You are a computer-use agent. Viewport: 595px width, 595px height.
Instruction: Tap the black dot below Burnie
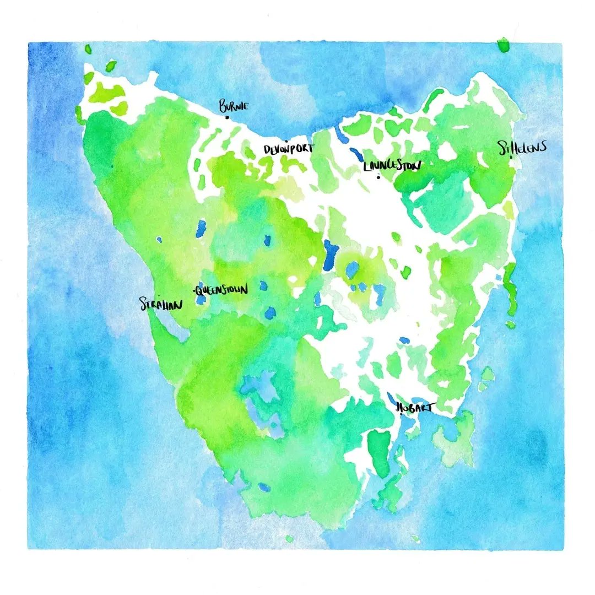click(x=227, y=117)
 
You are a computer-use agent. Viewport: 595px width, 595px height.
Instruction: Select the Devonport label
click(x=288, y=149)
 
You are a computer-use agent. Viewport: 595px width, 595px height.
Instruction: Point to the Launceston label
click(x=393, y=165)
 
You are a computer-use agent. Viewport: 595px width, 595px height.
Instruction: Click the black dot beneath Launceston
click(x=378, y=177)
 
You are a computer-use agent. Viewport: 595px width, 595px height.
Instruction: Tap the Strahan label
click(x=161, y=304)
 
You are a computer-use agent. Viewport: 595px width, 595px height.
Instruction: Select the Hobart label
click(x=416, y=408)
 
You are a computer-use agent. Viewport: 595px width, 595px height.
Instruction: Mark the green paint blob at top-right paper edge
click(x=503, y=45)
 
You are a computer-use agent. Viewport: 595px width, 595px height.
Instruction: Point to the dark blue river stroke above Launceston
click(x=356, y=155)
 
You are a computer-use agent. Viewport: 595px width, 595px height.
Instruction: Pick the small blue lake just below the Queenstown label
click(x=201, y=300)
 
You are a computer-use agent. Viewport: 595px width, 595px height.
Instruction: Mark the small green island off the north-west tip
click(x=111, y=66)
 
